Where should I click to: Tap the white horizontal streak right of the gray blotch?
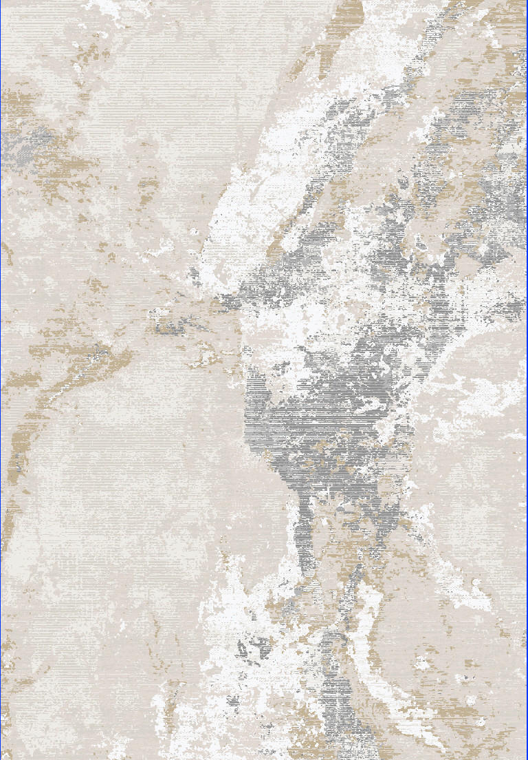pyautogui.click(x=481, y=406)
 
